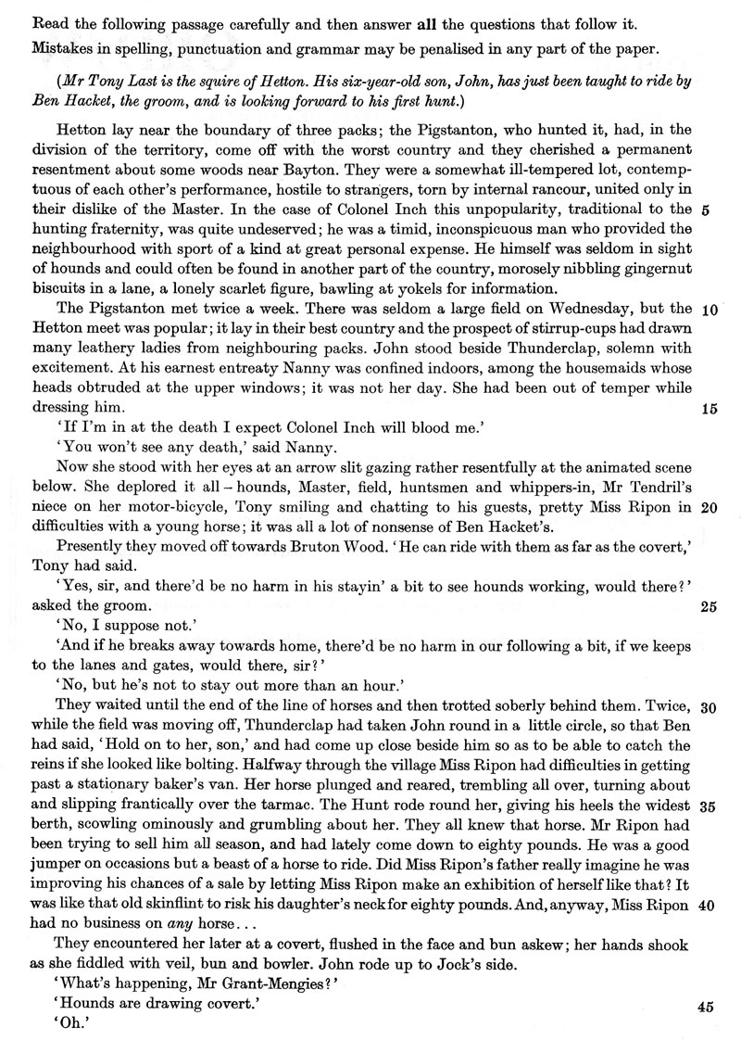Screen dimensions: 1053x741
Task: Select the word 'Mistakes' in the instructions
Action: tap(42, 44)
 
